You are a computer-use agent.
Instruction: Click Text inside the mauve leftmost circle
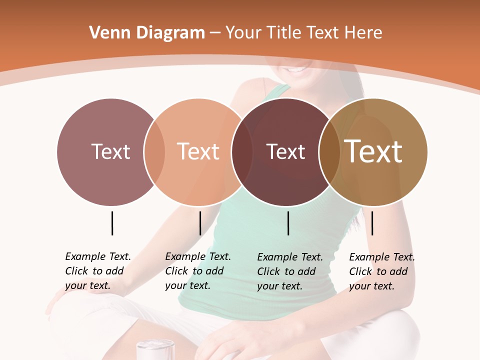click(x=110, y=151)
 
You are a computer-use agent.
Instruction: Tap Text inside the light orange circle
click(x=198, y=151)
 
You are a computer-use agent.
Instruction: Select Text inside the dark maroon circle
click(x=285, y=151)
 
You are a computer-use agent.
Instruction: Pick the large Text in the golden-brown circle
click(x=373, y=151)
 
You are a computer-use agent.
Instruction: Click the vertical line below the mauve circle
click(x=112, y=223)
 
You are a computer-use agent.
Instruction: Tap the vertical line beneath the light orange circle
click(x=200, y=223)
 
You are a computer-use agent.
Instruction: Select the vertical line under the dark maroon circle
click(x=288, y=223)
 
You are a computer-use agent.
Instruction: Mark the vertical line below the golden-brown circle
click(x=372, y=223)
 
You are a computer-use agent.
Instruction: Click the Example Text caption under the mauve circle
click(x=97, y=271)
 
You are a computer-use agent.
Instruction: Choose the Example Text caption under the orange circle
click(x=197, y=271)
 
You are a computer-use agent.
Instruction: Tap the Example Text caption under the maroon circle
click(x=289, y=271)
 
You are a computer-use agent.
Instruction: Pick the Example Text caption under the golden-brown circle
click(x=381, y=271)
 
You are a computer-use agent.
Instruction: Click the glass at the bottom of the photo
click(x=155, y=349)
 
